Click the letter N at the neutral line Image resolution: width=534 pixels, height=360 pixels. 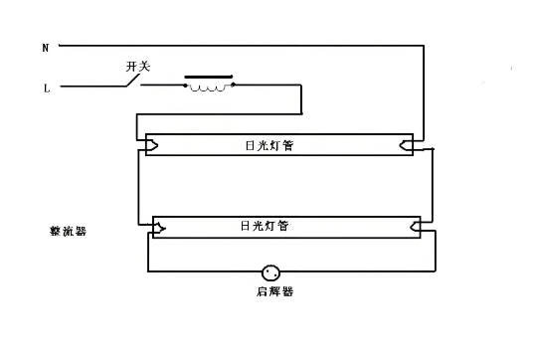45,48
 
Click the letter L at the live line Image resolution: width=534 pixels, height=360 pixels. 46,88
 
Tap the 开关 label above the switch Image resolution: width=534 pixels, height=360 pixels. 137,66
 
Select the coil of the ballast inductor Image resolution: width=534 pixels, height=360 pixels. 209,89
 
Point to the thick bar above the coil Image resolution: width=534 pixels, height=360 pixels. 209,76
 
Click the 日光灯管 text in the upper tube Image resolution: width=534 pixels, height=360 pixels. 269,146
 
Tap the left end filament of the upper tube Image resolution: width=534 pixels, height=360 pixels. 151,145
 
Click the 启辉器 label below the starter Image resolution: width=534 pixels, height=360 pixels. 274,292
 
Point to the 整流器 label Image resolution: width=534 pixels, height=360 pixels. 68,231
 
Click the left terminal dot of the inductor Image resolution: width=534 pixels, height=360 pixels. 186,85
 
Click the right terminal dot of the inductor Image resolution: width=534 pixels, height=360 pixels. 233,85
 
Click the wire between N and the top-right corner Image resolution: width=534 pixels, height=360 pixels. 239,46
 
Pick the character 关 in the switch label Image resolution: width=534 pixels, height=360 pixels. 144,66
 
